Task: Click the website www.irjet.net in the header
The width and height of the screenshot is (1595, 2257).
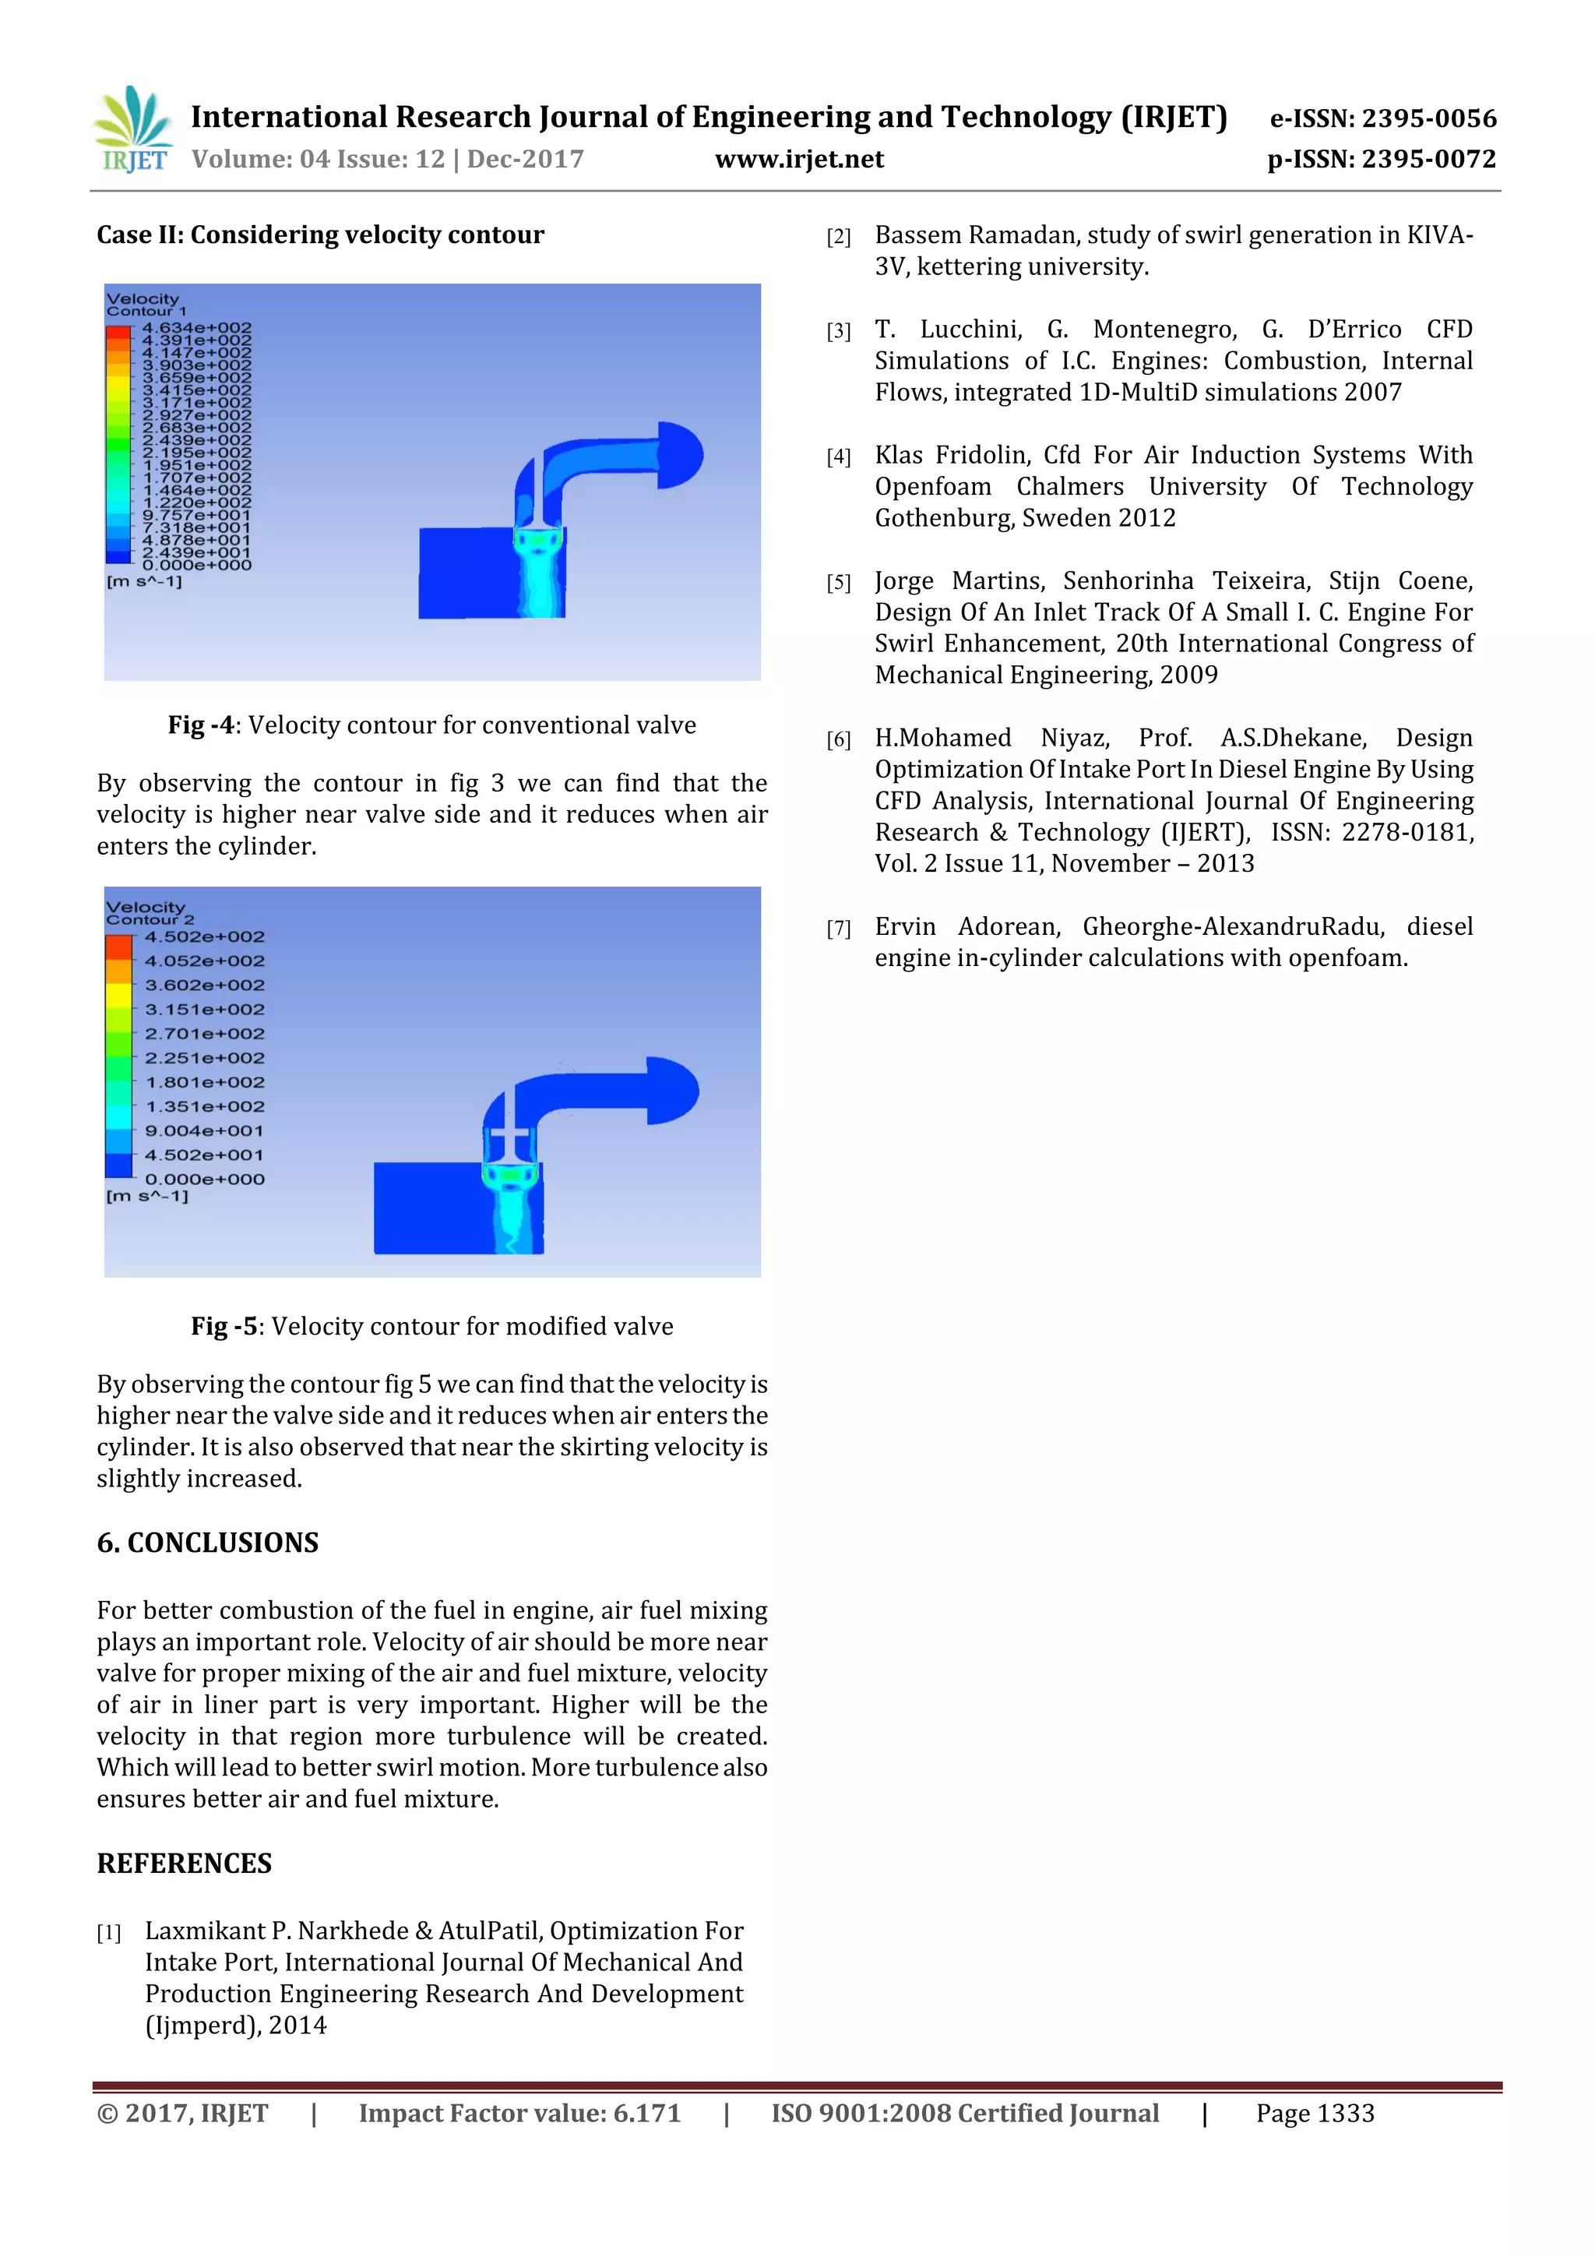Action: tap(799, 159)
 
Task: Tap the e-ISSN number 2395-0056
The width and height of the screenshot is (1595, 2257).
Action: tap(1428, 119)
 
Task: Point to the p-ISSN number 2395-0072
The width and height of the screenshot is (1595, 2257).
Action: tap(1428, 159)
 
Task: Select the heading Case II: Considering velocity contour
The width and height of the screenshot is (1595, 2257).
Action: tap(319, 235)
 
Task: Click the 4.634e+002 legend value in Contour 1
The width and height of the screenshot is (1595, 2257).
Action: tap(196, 328)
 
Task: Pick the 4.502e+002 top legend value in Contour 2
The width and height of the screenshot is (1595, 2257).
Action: tap(204, 936)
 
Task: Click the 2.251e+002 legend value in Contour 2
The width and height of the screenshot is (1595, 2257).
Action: tap(204, 1058)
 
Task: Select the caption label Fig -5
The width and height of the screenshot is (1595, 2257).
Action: tap(224, 1326)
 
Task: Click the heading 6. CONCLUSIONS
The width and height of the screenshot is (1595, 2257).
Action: tap(207, 1543)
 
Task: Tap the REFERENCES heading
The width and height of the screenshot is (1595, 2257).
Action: tap(184, 1863)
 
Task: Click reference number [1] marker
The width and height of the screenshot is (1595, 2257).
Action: tap(109, 1933)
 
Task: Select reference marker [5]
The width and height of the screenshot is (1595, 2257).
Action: tap(838, 583)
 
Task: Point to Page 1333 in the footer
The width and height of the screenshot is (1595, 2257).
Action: tap(1314, 2114)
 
